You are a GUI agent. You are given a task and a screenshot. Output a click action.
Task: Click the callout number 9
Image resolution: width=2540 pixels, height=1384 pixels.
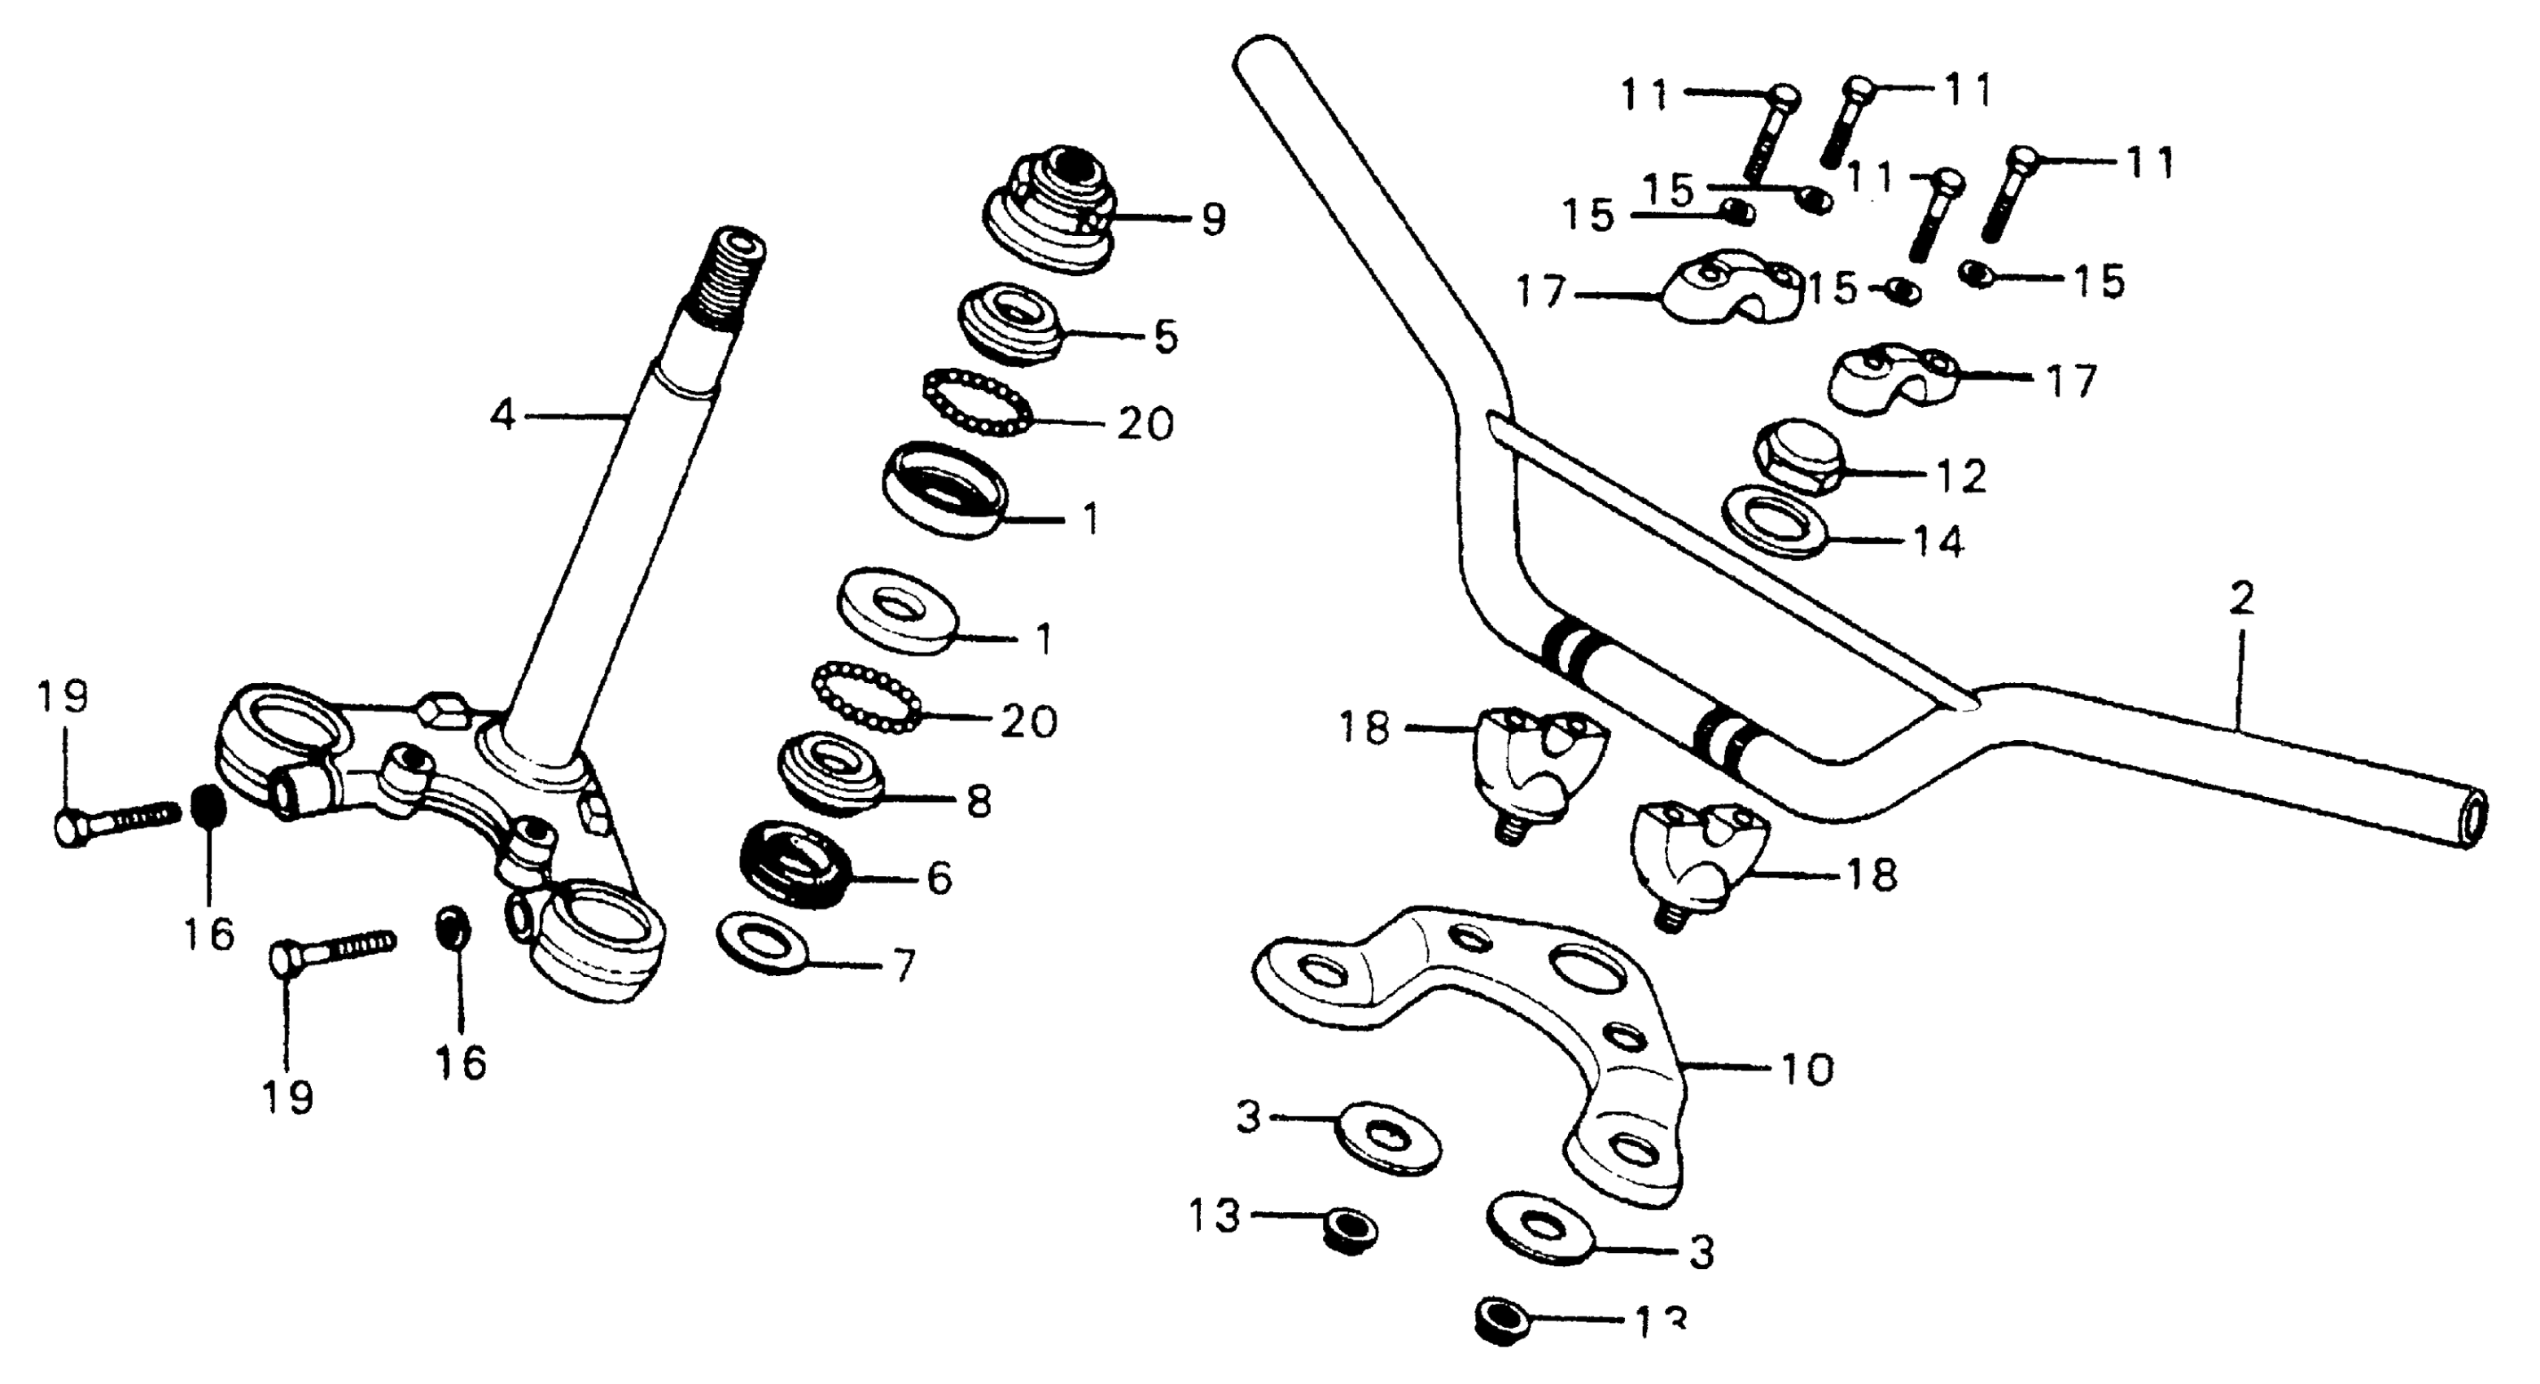point(1213,219)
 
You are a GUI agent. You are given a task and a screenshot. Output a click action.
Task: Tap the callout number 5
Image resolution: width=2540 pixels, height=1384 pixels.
point(1166,337)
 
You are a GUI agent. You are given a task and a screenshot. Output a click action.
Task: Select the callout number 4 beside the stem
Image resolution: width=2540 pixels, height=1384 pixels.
point(503,416)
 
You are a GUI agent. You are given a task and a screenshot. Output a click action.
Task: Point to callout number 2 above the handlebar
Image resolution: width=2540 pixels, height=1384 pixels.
point(2241,599)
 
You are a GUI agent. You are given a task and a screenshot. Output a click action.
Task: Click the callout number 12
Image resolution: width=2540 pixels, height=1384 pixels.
point(1961,477)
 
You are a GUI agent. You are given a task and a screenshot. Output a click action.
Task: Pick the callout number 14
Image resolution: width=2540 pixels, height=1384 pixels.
point(1938,542)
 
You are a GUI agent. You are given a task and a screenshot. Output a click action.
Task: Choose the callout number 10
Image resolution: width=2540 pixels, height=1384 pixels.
point(1808,1069)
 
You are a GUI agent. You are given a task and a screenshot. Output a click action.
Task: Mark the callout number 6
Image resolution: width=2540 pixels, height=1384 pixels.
point(939,878)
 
